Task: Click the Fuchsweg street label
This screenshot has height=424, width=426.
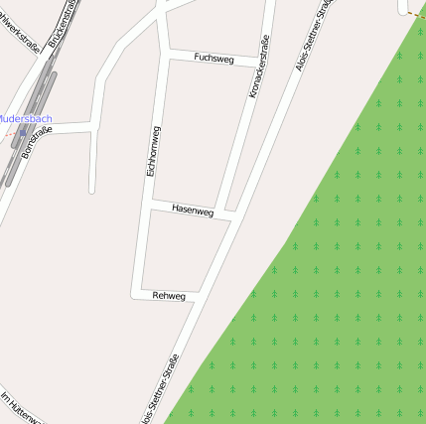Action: [x=213, y=58]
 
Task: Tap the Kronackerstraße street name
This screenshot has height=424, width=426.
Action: [x=258, y=67]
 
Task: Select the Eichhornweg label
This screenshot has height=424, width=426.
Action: [x=152, y=150]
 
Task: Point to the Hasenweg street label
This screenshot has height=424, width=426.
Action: [x=192, y=211]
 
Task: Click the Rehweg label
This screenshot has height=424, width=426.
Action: [x=169, y=295]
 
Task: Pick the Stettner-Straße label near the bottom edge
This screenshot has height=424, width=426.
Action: [x=162, y=389]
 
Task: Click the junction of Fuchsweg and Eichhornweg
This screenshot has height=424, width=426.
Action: [x=164, y=54]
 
